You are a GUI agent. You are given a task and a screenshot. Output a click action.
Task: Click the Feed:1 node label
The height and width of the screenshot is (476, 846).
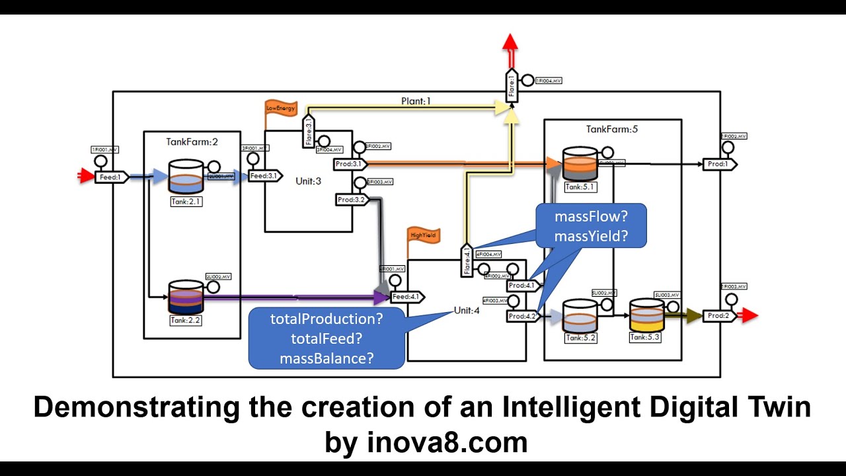110,177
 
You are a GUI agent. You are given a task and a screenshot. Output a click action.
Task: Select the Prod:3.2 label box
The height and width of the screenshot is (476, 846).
351,199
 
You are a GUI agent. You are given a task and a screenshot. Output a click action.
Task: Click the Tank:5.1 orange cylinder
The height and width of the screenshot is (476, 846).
580,164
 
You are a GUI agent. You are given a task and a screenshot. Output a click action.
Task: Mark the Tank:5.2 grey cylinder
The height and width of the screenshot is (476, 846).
580,316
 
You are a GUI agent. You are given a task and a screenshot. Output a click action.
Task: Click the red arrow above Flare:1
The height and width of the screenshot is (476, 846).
510,44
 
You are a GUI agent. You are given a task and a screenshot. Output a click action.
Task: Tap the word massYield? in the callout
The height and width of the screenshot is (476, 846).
591,235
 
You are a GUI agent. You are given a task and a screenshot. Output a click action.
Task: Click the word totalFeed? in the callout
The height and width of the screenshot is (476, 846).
327,339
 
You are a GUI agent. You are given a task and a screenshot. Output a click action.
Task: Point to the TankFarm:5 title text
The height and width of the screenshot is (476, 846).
612,129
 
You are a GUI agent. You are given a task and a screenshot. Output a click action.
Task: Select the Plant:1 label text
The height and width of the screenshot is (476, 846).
416,101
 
